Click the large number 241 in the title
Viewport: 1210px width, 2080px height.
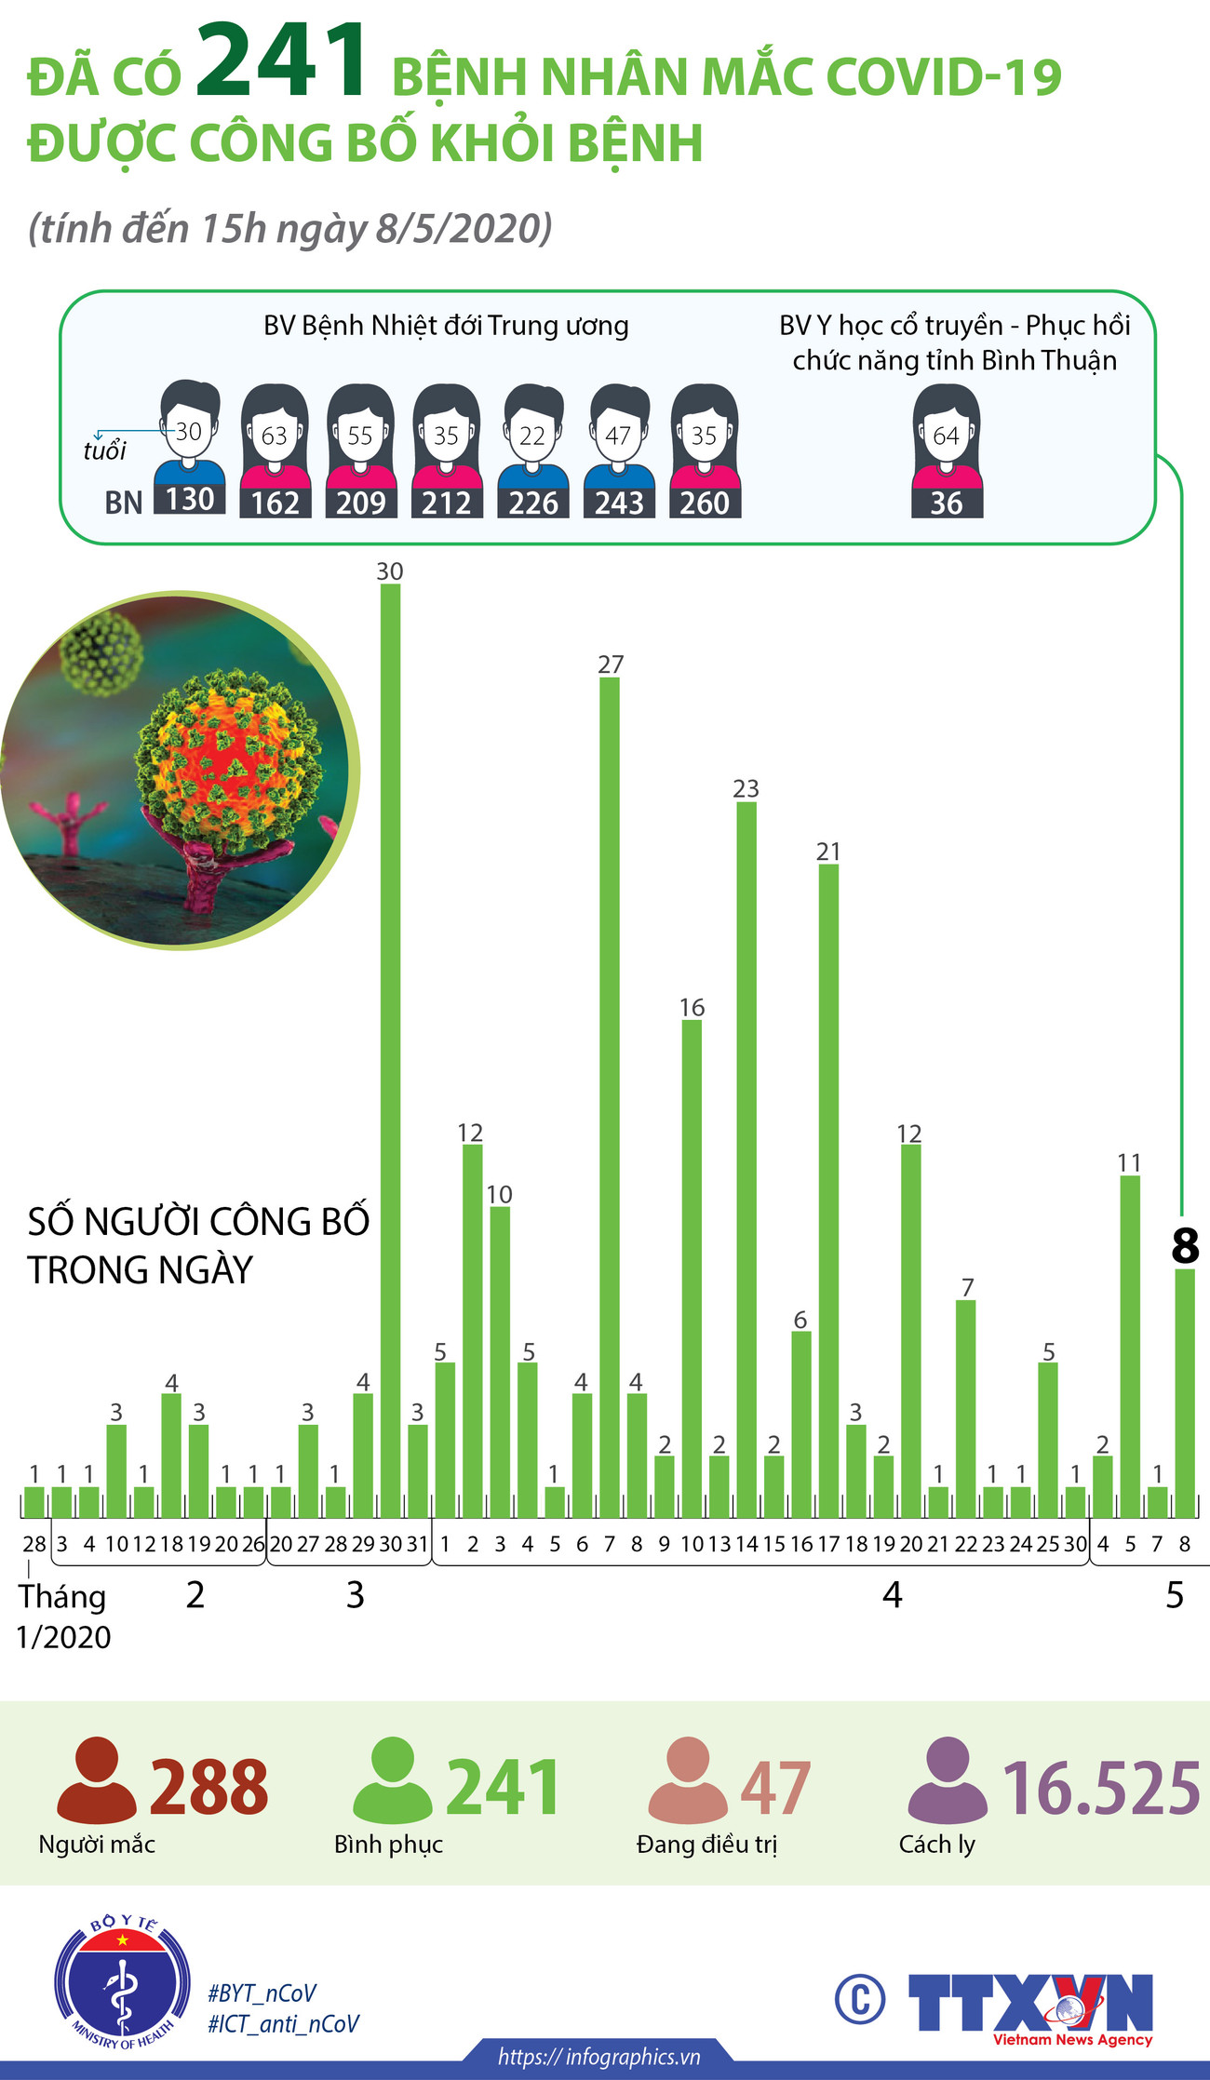click(281, 62)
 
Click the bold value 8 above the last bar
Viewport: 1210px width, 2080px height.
click(1185, 1246)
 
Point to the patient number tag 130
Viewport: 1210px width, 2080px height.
click(190, 500)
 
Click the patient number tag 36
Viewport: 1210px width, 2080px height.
click(947, 503)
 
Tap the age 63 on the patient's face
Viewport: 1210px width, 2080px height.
click(275, 436)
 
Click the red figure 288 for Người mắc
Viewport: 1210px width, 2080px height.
click(208, 1788)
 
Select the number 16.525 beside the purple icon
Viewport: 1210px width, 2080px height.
click(1101, 1788)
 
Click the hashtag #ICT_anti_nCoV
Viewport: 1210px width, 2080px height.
click(283, 2023)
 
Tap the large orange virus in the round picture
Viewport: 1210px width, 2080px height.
click(228, 763)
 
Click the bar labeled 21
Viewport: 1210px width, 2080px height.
click(828, 1182)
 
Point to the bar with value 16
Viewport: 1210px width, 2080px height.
click(692, 1256)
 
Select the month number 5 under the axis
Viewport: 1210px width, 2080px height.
click(1175, 1595)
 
